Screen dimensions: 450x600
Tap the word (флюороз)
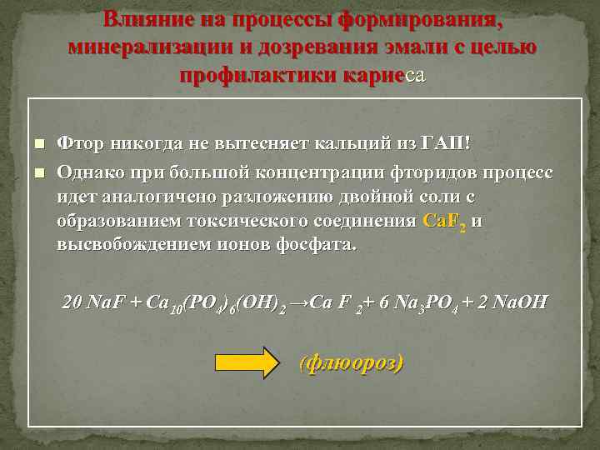tap(351, 363)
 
